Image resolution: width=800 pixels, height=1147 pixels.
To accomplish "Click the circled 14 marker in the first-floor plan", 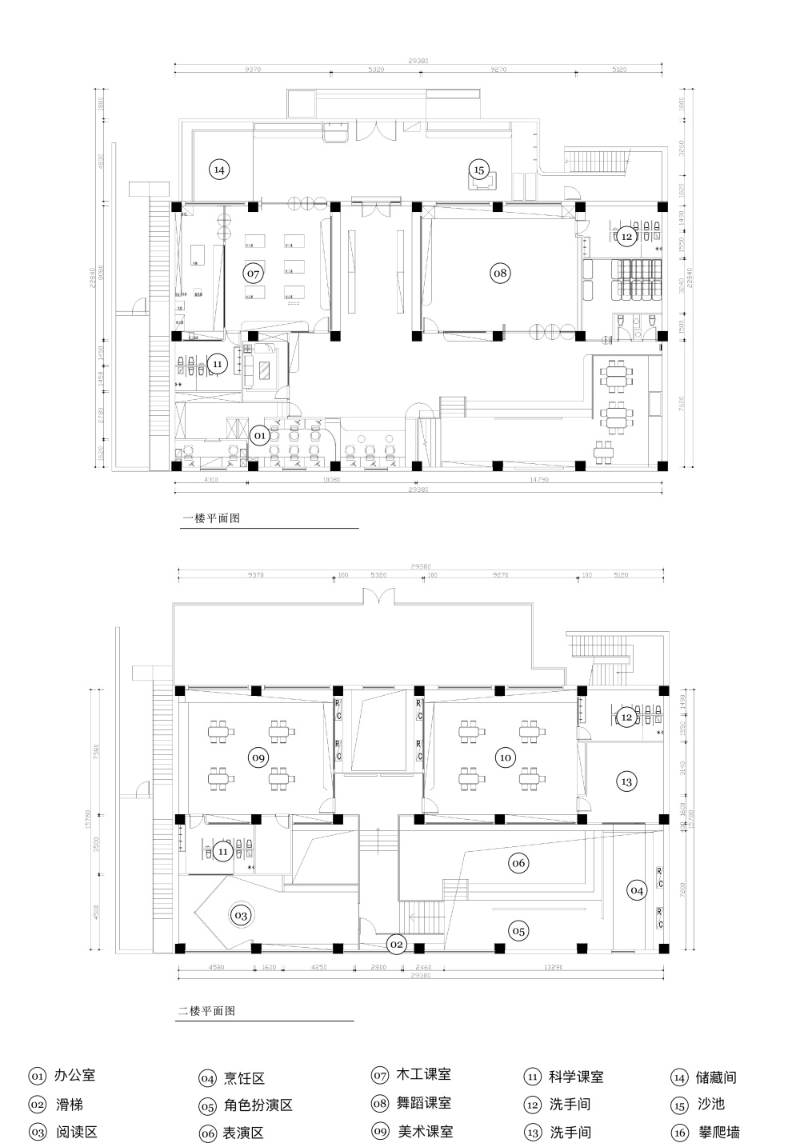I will click(219, 170).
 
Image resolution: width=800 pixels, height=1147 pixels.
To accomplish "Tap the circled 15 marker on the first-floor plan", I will click(478, 170).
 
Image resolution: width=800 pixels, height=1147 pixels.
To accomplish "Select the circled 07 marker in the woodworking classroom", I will click(254, 274).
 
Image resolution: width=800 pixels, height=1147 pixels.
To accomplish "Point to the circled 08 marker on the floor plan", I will click(500, 274).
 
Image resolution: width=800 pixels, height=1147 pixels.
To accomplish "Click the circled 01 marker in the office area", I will click(260, 436).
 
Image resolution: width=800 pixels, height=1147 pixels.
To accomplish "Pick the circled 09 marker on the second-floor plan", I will click(258, 757).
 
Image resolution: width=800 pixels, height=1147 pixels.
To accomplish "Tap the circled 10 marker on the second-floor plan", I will click(505, 757).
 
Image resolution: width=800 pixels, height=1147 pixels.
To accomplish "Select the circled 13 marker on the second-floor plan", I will click(626, 781).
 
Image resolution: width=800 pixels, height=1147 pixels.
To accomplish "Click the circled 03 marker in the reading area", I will click(241, 914).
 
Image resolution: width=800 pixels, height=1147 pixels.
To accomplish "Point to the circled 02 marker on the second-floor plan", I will click(396, 945).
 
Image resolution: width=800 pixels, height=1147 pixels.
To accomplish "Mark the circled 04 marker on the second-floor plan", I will click(636, 889).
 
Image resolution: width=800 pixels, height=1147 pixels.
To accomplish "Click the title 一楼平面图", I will click(212, 518).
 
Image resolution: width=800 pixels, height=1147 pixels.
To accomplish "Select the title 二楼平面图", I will click(206, 1011).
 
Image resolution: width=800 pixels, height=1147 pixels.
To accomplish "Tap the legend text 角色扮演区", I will click(258, 1105).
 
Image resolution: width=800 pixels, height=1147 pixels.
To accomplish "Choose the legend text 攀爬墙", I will click(718, 1132).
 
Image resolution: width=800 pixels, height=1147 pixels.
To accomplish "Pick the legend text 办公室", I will click(74, 1077).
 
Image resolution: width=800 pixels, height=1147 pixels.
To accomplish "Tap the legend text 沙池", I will click(710, 1105).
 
